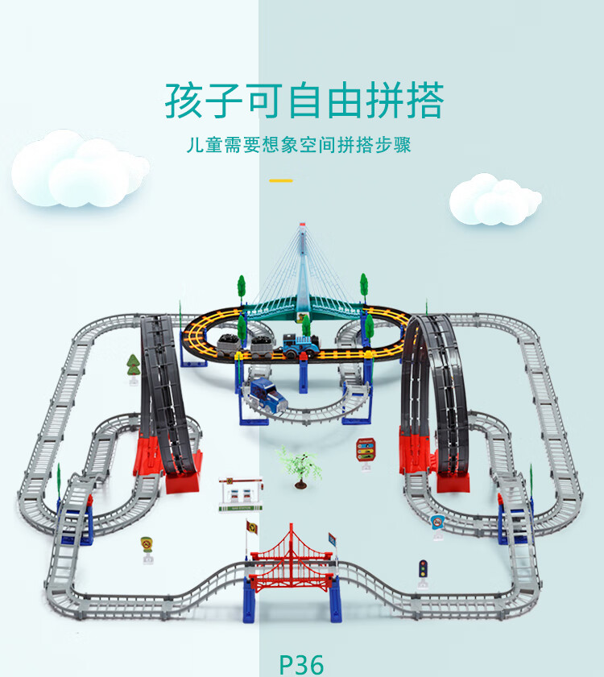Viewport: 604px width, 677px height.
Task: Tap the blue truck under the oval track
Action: [x=264, y=392]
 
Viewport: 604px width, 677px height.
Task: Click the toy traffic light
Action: [x=421, y=572]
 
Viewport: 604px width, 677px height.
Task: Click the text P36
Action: [x=301, y=664]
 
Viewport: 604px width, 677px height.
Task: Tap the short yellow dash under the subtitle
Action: [x=280, y=180]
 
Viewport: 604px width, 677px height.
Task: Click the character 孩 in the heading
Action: [x=184, y=101]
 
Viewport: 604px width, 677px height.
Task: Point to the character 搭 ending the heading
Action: [x=423, y=101]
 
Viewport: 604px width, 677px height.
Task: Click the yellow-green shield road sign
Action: [x=147, y=545]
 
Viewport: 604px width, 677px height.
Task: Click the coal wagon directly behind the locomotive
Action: [x=261, y=348]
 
